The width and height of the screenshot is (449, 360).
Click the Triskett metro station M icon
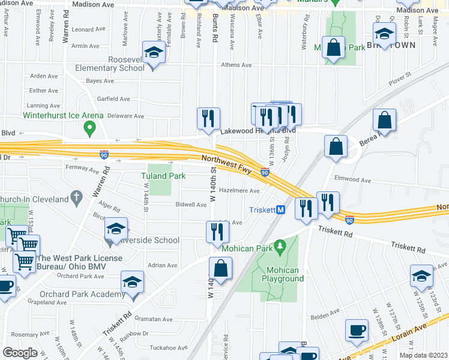point(280,210)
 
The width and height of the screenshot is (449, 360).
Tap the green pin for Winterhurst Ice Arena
point(90,128)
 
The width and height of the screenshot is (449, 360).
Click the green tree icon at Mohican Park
point(279,247)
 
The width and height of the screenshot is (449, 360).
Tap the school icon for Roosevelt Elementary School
point(154,53)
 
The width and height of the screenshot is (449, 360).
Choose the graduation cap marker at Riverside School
point(116,230)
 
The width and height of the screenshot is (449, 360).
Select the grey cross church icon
point(76,196)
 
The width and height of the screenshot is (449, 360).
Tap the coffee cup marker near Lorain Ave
point(357,331)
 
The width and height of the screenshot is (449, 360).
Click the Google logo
point(20,353)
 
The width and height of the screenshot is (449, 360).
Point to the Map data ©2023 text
point(423,355)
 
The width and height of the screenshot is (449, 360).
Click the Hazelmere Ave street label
point(239,191)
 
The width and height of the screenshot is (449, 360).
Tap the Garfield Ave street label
point(113,99)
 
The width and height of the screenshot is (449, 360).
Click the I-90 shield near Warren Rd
point(104,154)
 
